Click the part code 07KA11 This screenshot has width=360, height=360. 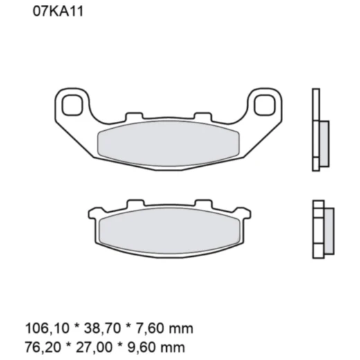[x=57, y=12]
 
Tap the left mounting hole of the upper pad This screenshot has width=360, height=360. [x=70, y=105]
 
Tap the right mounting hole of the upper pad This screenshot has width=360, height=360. [x=263, y=105]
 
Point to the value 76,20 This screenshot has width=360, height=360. [x=40, y=342]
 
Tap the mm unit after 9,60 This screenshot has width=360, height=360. [x=173, y=342]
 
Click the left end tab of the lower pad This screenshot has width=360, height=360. [x=93, y=210]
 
